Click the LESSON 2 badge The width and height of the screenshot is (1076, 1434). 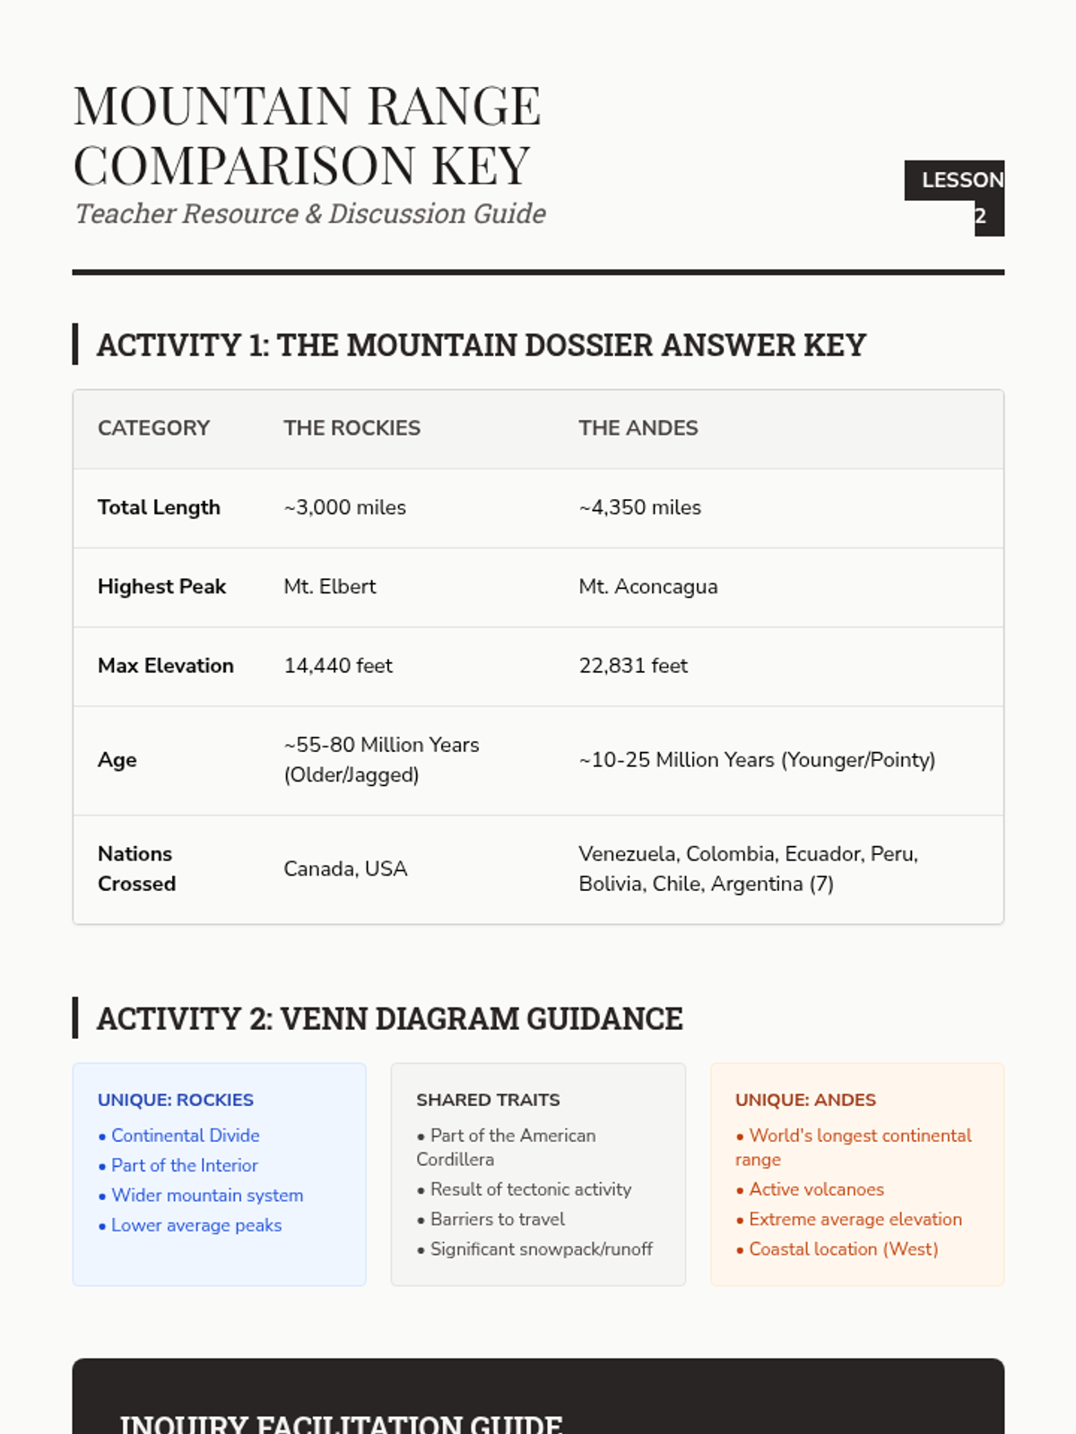[x=954, y=197]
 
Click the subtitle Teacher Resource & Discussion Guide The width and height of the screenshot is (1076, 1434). [x=310, y=214]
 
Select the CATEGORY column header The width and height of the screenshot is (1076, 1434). [x=153, y=428]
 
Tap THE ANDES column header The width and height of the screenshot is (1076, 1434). [x=638, y=428]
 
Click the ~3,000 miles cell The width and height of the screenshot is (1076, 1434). [x=344, y=507]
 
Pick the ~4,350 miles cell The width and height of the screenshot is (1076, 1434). [x=639, y=507]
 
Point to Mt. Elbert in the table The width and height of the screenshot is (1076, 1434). [x=329, y=586]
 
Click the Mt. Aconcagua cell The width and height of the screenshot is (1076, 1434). [x=647, y=586]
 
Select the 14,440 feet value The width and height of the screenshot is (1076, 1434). [x=338, y=666]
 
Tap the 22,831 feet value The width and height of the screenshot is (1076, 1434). [x=633, y=666]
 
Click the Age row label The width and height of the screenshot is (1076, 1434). [x=117, y=760]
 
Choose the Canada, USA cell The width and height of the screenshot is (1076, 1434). [x=345, y=868]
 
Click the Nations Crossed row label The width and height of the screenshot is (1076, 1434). [x=136, y=868]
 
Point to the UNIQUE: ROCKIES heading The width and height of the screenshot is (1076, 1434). [x=176, y=1100]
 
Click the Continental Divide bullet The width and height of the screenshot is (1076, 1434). [x=185, y=1136]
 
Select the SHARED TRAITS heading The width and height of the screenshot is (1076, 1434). [x=488, y=1100]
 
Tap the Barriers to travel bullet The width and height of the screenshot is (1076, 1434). [x=497, y=1219]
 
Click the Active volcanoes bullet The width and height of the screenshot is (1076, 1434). [x=816, y=1189]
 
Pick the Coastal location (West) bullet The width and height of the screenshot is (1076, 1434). [x=843, y=1249]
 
